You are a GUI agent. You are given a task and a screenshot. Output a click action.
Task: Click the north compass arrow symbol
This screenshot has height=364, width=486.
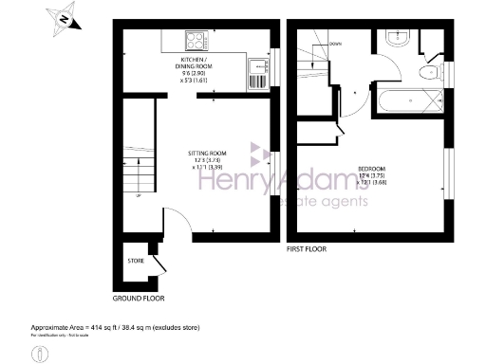click(x=63, y=18)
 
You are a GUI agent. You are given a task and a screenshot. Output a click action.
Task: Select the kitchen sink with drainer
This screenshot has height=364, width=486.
click(x=256, y=74)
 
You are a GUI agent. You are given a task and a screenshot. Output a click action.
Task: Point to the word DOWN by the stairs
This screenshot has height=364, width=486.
click(x=335, y=44)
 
